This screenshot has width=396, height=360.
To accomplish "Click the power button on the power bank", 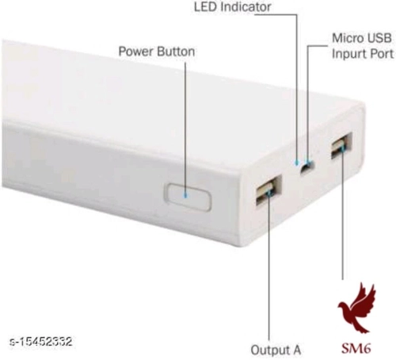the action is click(x=188, y=197).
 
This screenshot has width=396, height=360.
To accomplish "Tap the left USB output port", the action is click(x=268, y=191).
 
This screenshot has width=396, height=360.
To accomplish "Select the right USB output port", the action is click(x=341, y=146).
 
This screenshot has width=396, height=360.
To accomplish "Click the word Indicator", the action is click(x=246, y=7).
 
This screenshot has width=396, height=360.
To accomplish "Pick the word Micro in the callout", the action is click(x=347, y=38).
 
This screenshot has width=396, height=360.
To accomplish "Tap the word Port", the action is click(x=381, y=54).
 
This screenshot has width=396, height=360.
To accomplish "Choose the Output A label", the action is click(x=276, y=350).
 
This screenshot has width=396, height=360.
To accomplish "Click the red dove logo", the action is click(x=356, y=308).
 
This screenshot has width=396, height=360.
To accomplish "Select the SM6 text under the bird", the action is click(x=356, y=348).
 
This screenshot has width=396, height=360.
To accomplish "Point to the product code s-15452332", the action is click(x=40, y=342).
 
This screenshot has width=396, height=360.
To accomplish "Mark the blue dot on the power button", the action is click(x=185, y=196).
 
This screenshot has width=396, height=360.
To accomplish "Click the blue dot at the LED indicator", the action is click(x=297, y=163).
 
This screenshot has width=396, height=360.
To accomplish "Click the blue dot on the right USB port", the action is click(x=342, y=148).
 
